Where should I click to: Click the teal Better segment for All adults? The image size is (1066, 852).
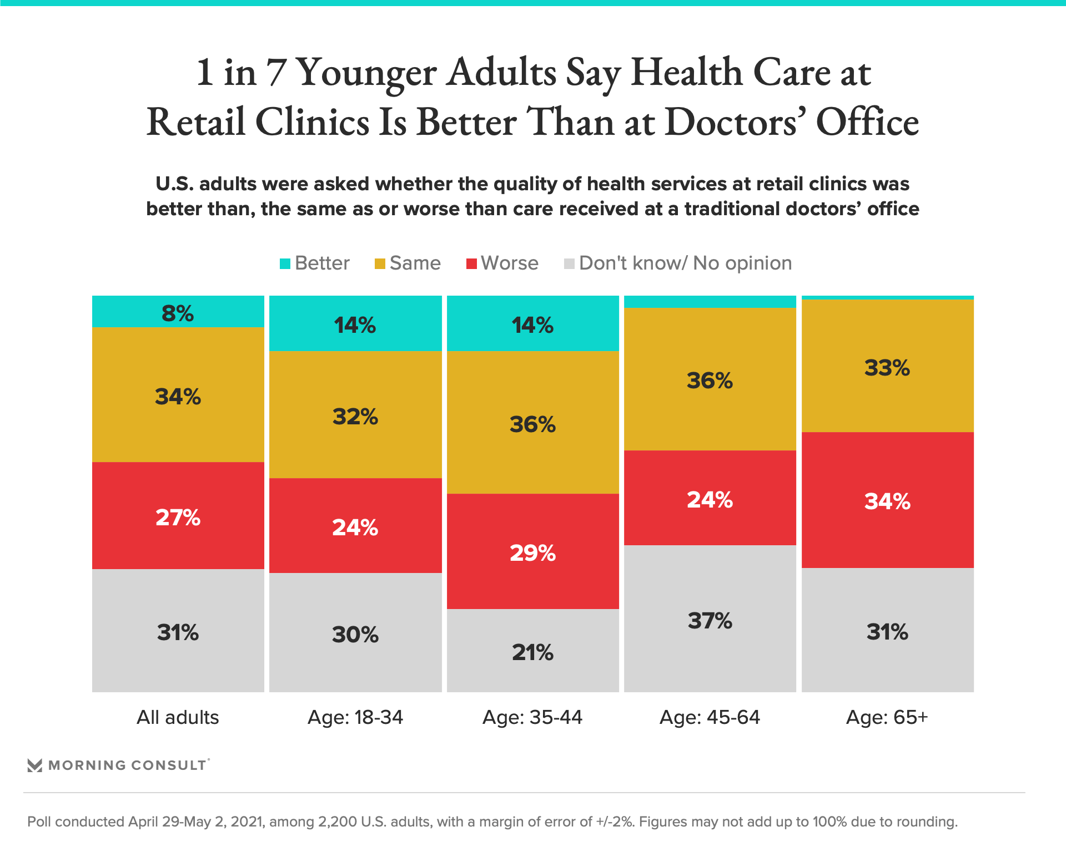click(178, 312)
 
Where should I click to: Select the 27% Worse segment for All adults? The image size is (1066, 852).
click(178, 516)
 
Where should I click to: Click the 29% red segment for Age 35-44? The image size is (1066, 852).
click(532, 551)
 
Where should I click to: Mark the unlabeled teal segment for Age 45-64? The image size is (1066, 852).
click(710, 302)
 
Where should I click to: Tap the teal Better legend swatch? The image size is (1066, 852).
click(285, 264)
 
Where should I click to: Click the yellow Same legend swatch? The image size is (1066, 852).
click(380, 264)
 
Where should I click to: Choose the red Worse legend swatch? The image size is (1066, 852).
click(471, 264)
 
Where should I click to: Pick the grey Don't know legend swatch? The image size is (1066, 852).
click(569, 264)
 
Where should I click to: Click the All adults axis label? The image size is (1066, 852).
click(178, 717)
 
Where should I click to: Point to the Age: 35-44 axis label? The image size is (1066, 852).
click(532, 717)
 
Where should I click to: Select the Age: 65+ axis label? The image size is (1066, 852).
click(887, 717)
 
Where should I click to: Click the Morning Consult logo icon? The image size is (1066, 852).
click(35, 765)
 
